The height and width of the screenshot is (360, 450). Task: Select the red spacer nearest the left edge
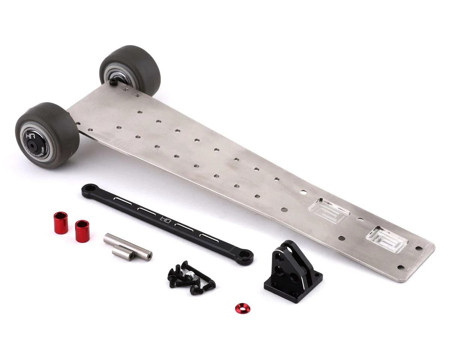[60, 223]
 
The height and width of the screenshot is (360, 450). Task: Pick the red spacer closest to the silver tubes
[82, 231]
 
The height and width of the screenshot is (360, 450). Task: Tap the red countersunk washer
[243, 308]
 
